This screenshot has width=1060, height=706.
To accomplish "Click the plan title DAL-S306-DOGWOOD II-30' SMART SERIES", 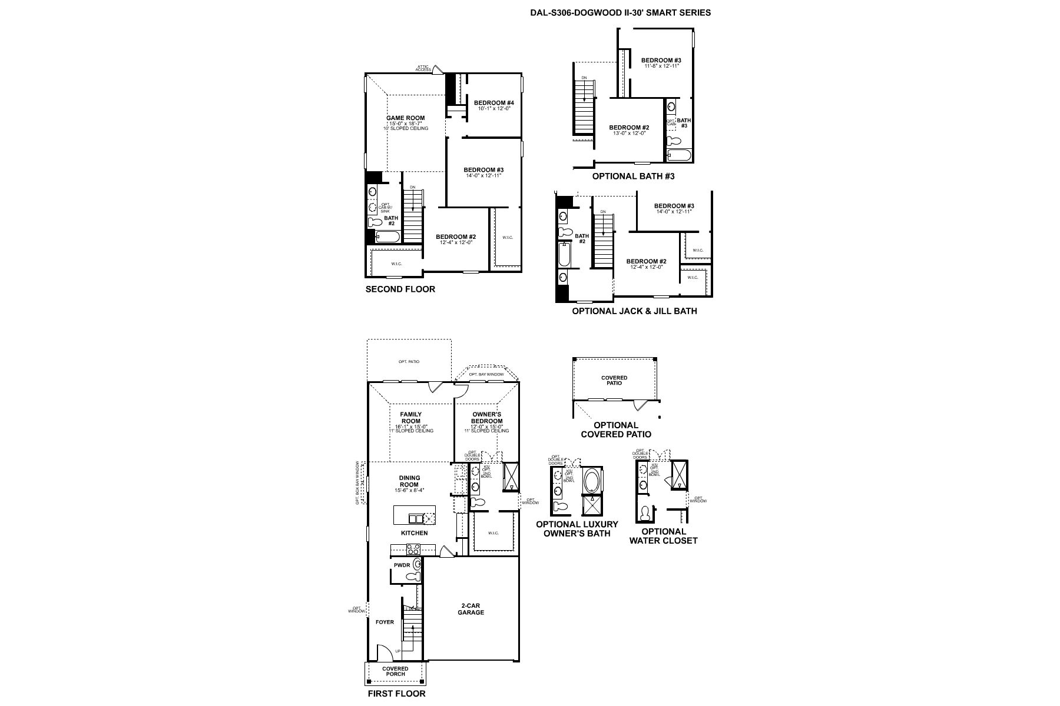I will pos(620,12).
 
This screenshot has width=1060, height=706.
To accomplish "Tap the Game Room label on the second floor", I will pos(405,118).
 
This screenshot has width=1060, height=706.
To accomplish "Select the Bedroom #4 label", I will pos(494,103).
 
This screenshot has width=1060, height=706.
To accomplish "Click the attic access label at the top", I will pos(423,68).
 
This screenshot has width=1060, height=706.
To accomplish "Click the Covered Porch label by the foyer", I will pos(395,671).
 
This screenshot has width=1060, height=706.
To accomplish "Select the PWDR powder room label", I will pos(402,565).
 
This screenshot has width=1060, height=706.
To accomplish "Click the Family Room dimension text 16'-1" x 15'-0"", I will pos(411,427).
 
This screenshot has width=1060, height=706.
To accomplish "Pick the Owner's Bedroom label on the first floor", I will pos(486,418).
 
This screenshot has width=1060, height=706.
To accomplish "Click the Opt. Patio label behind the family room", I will pos(409,361).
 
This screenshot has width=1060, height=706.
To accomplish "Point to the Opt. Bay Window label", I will pos(486,374).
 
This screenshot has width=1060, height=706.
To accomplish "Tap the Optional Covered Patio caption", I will pos(616,429).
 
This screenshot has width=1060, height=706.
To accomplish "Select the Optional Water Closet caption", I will pos(663,535).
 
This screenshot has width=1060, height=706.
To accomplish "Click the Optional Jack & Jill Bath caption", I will pos(634,311).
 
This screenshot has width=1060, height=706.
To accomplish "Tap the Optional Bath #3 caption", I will pos(633,176).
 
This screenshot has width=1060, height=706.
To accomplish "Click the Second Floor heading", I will pos(400,289).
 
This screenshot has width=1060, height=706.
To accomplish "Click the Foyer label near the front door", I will pos(385,622).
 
